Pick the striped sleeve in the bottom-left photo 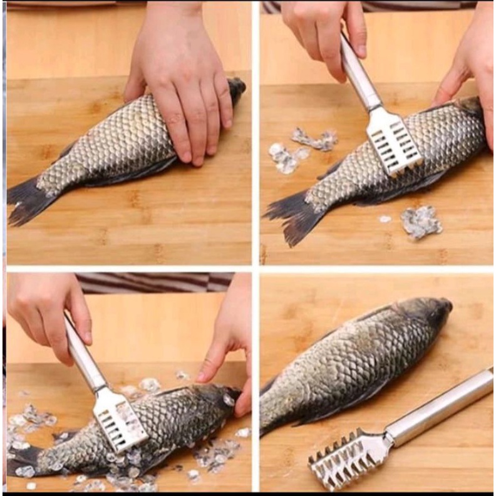point(150,282)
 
